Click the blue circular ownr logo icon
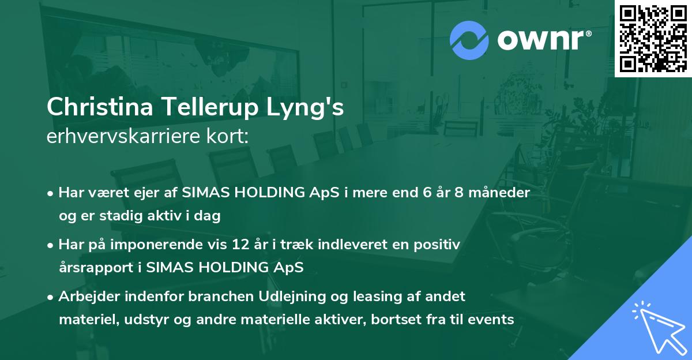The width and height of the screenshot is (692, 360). [x=469, y=40]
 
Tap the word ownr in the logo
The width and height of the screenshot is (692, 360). [x=543, y=41]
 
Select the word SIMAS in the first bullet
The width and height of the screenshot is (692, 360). [x=204, y=193]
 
